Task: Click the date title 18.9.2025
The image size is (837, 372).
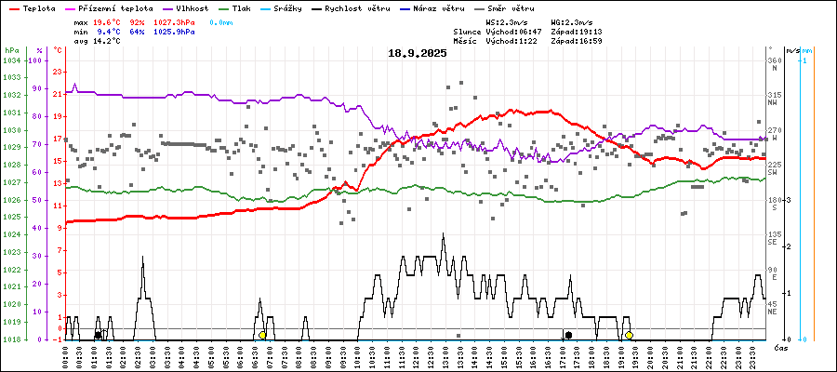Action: [x=418, y=53]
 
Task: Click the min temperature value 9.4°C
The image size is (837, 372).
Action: [x=109, y=32]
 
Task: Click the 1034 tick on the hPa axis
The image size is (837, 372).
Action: [x=12, y=60]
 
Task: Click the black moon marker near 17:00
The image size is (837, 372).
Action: [x=568, y=335]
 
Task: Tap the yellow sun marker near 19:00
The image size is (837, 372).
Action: [x=630, y=335]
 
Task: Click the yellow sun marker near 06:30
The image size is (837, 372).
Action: [x=262, y=335]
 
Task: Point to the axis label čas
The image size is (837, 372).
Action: [x=781, y=347]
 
